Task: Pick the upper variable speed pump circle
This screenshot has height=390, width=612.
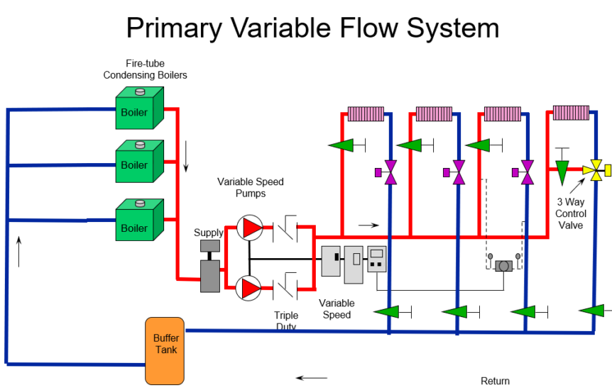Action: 249,227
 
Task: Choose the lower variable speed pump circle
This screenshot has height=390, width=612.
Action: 249,288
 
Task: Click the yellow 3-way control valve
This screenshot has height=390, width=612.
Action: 592,170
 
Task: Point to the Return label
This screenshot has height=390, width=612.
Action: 495,381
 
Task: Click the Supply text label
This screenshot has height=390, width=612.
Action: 209,233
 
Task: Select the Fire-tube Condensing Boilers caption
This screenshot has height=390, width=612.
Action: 146,69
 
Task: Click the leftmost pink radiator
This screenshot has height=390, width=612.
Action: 366,113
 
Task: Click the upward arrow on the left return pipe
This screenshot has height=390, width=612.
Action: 19,252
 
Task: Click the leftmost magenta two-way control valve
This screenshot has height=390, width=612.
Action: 389,172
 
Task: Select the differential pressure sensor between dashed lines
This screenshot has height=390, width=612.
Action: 504,265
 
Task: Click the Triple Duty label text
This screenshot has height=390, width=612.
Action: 285,321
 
